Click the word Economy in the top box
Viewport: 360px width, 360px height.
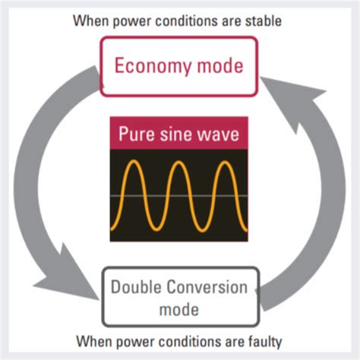(x=150, y=65)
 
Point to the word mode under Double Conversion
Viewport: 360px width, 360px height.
(x=178, y=309)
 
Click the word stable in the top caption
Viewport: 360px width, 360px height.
(x=265, y=21)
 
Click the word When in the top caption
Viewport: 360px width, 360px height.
(x=90, y=21)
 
